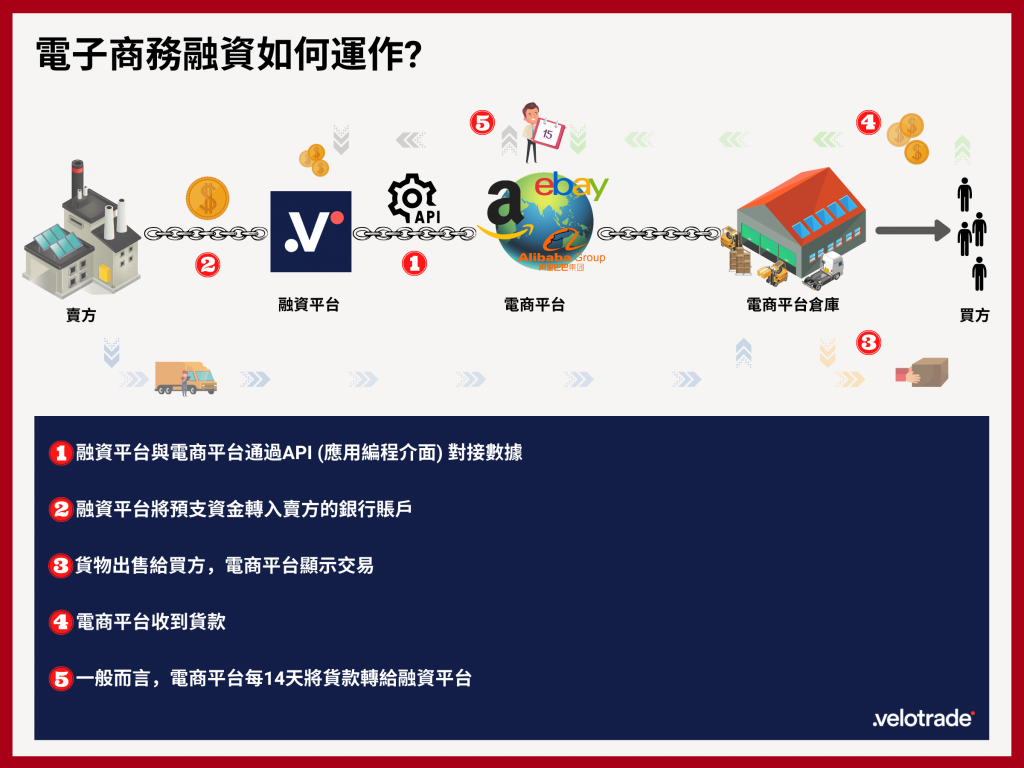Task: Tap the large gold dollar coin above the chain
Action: tap(208, 199)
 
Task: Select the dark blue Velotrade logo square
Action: tap(311, 231)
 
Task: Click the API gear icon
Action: tap(413, 199)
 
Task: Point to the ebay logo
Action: tap(571, 186)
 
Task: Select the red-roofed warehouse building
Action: tap(801, 221)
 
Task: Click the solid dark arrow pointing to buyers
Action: tap(913, 230)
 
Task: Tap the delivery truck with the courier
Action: tap(186, 378)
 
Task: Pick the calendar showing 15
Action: tap(549, 135)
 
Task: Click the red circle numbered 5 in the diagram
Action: tap(483, 123)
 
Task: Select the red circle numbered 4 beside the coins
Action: tap(869, 122)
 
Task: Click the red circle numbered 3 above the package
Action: tap(869, 342)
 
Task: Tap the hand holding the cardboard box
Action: tap(922, 372)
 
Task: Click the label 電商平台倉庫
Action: tap(793, 305)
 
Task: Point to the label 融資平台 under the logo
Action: tap(309, 305)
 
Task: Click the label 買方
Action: tap(974, 315)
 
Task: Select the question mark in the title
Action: tap(413, 54)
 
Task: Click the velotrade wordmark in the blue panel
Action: tap(923, 718)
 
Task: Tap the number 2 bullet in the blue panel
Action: tap(61, 509)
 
